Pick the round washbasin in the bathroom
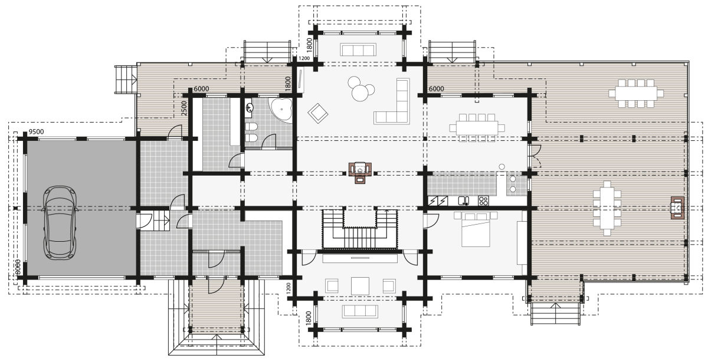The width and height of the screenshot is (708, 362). tap(250, 108)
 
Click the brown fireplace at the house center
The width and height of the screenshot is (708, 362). tap(360, 172)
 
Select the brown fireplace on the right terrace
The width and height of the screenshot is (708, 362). tap(677, 208)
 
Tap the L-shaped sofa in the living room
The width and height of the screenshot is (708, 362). tap(395, 104)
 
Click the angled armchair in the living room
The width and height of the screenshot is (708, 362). tap(319, 111)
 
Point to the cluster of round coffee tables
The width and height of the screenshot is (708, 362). tap(359, 89)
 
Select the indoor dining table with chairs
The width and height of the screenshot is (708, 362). tap(476, 127)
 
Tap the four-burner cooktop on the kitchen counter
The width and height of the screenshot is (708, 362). tap(483, 200)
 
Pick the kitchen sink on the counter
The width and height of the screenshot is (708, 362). tap(464, 200)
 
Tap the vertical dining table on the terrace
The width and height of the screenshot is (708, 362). tap(607, 208)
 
